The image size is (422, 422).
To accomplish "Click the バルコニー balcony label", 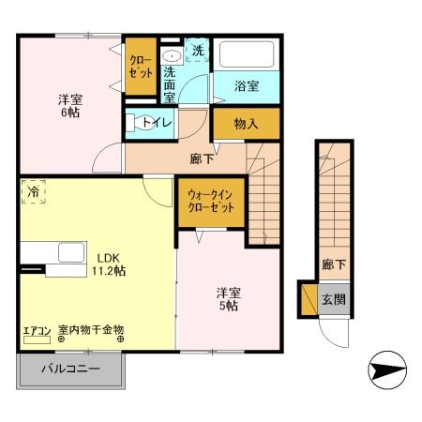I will coord(70,369).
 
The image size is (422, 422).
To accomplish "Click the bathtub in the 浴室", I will coord(246,56).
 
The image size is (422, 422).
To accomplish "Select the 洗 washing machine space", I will coord(198,51).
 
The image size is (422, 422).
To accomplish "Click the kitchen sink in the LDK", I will coord(70,253).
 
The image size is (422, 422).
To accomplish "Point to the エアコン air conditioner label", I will coord(38,331).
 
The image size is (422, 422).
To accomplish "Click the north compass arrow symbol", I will coord(387,370).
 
